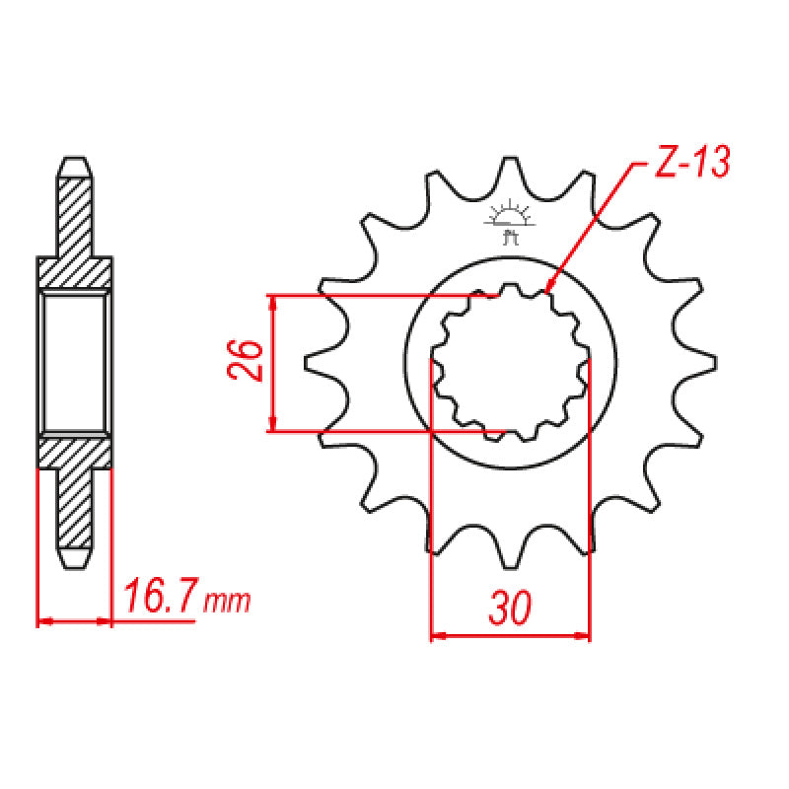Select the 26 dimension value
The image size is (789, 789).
[x=248, y=362]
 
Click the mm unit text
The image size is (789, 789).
[x=228, y=601]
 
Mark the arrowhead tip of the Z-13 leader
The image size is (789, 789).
[x=545, y=292]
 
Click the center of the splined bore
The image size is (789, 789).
[x=510, y=363]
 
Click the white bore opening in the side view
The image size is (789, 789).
[x=75, y=363]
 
